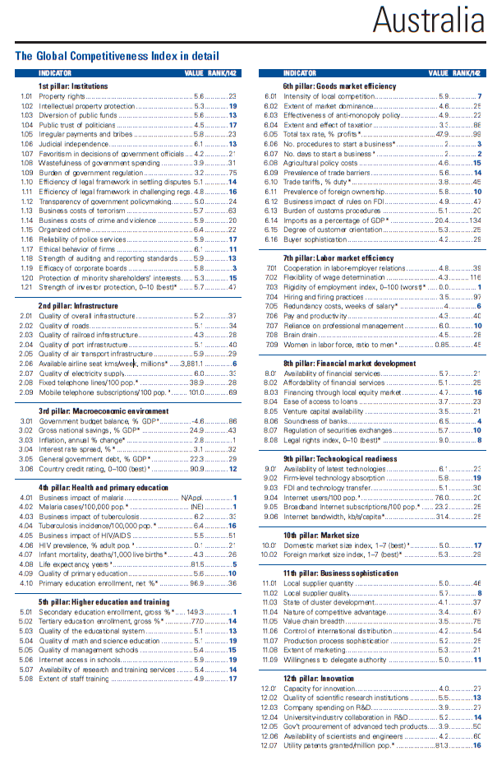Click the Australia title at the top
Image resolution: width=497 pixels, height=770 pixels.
tap(427, 18)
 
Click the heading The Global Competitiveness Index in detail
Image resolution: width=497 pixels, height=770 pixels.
tap(117, 57)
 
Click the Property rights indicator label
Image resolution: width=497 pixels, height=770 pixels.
tap(62, 96)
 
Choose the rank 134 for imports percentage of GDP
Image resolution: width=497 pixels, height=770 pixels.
tap(474, 220)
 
